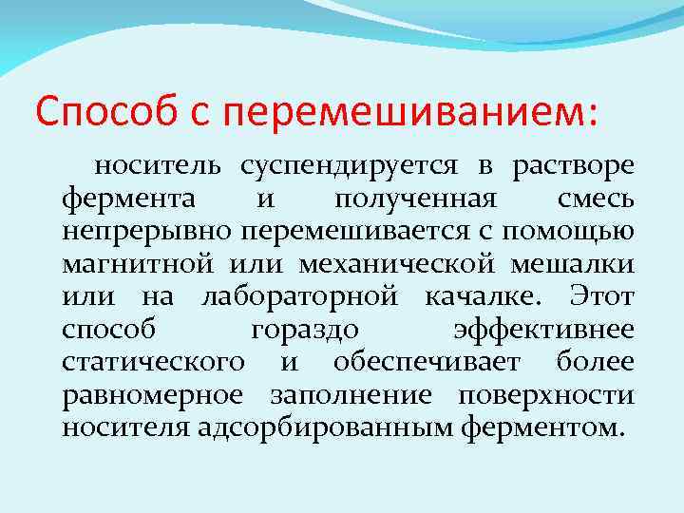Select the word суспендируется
tap(346, 168)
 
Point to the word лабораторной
tap(299, 298)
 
